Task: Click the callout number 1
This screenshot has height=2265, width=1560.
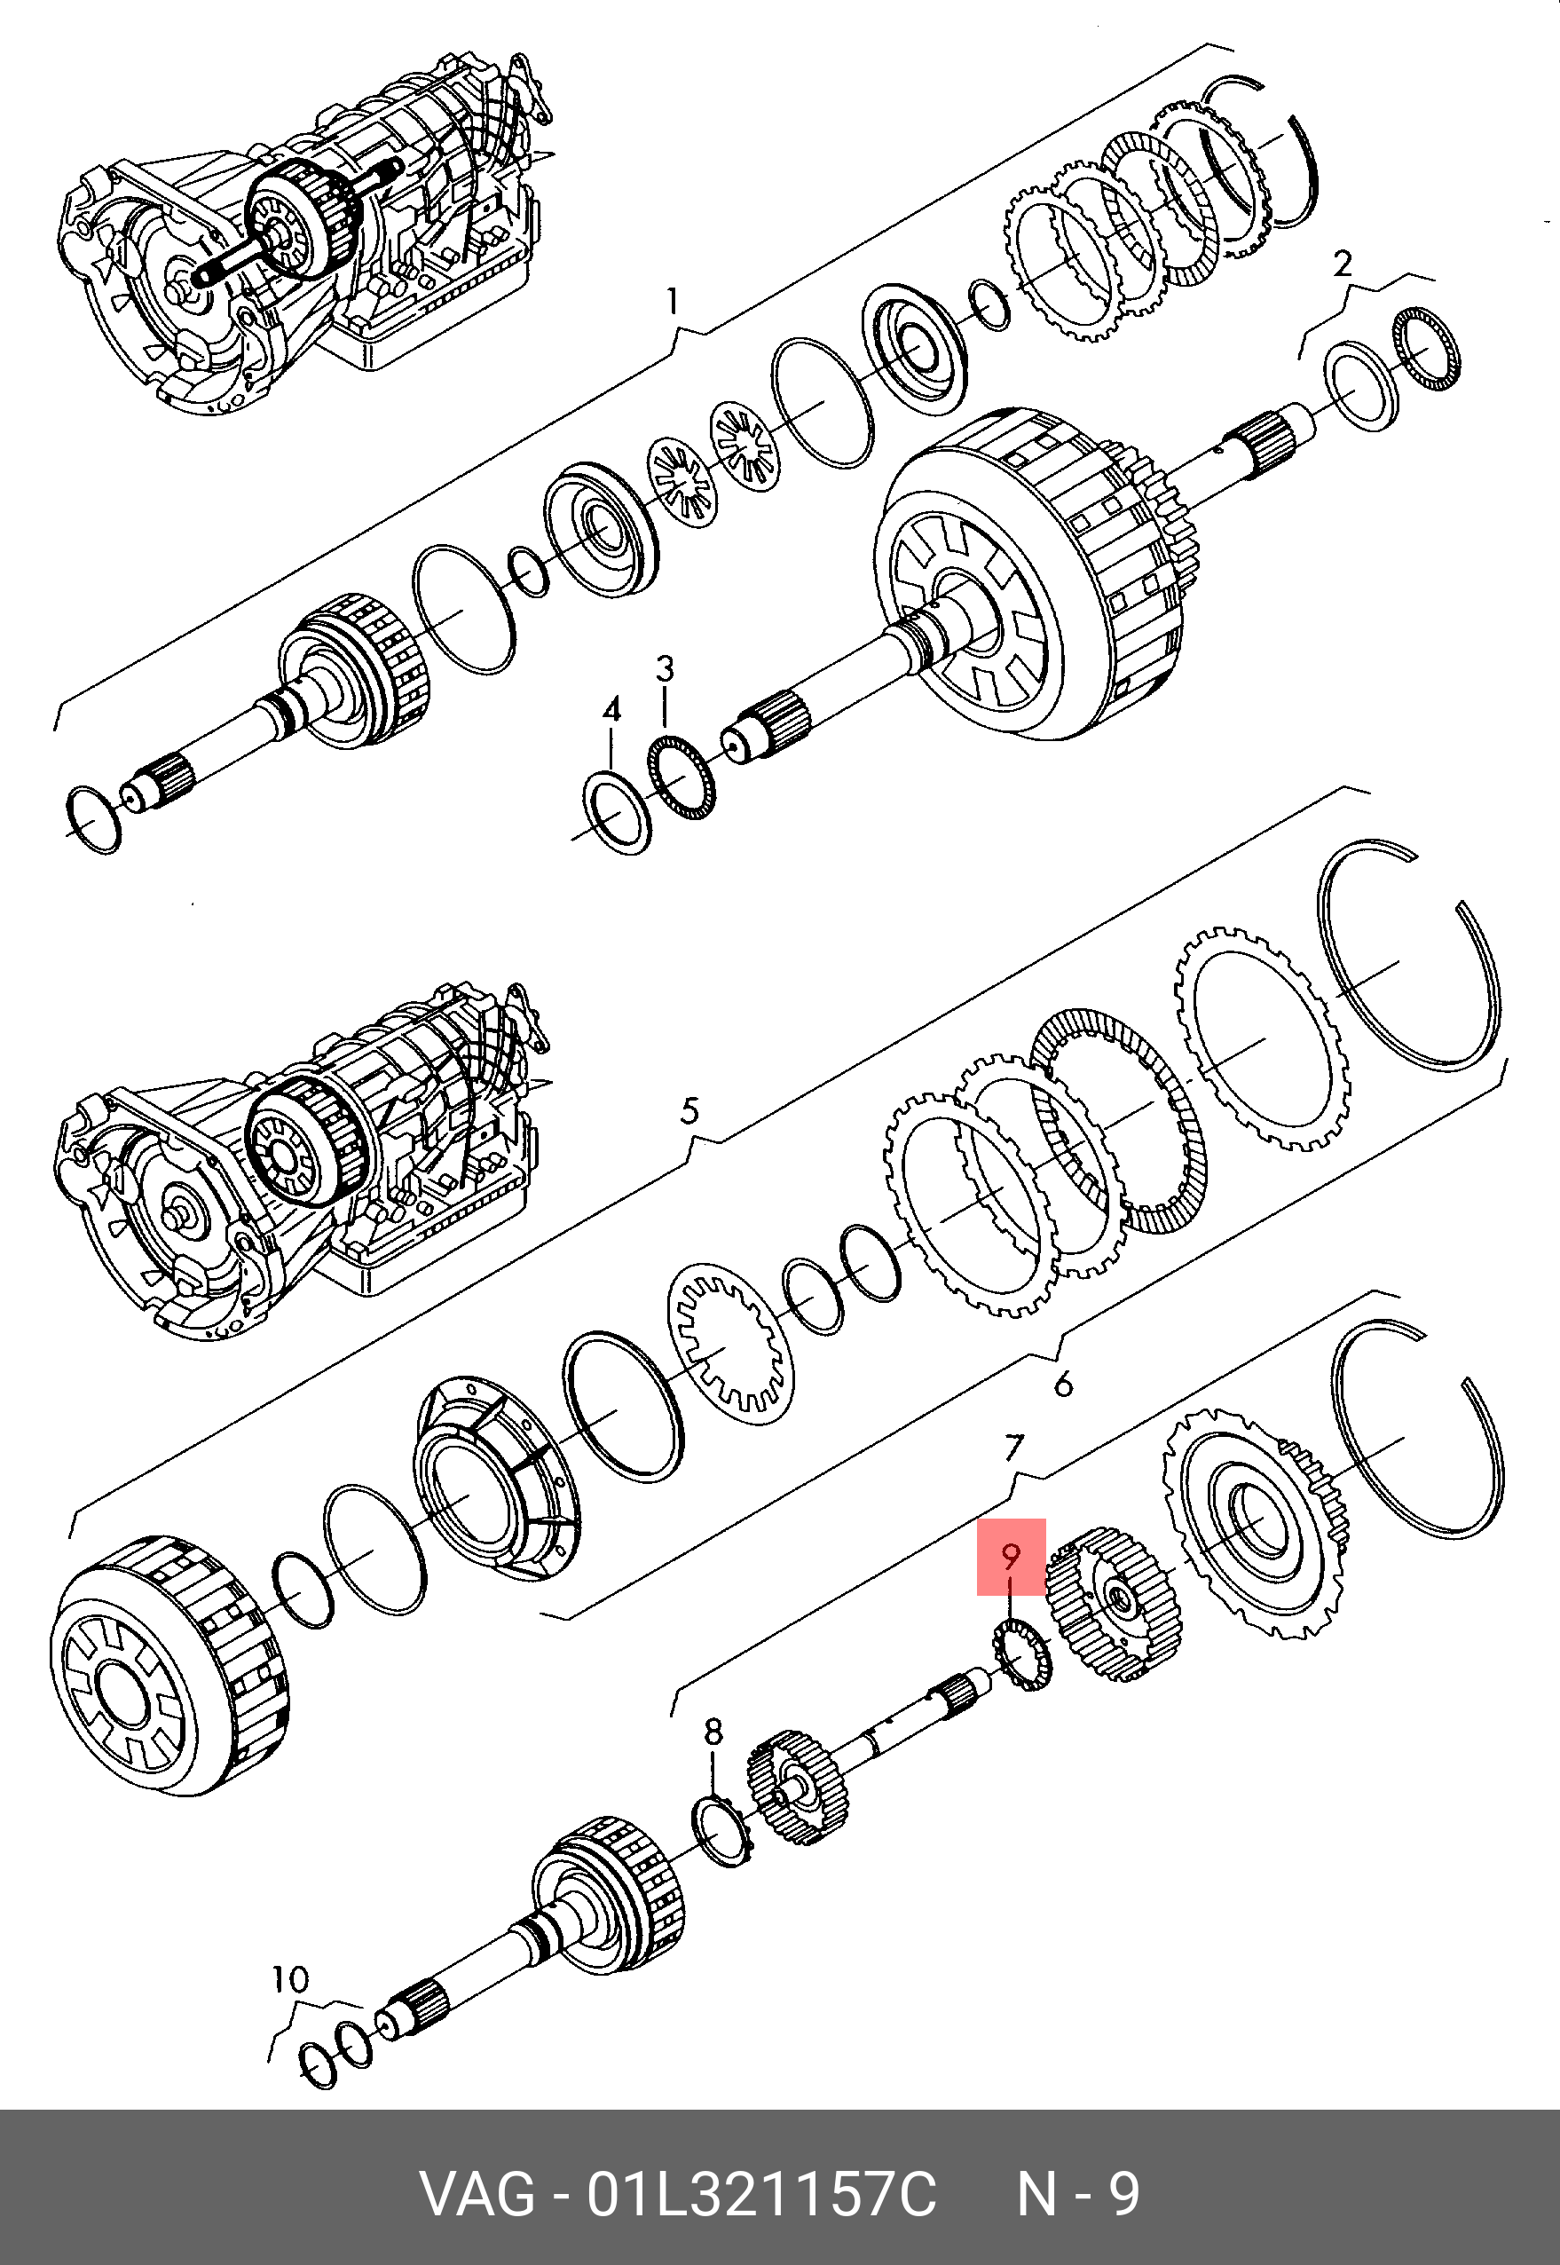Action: coord(672,301)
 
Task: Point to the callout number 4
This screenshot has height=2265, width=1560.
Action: coord(612,710)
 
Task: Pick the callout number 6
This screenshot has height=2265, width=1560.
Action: coord(1063,1384)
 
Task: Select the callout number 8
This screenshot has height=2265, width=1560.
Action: coord(713,1732)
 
